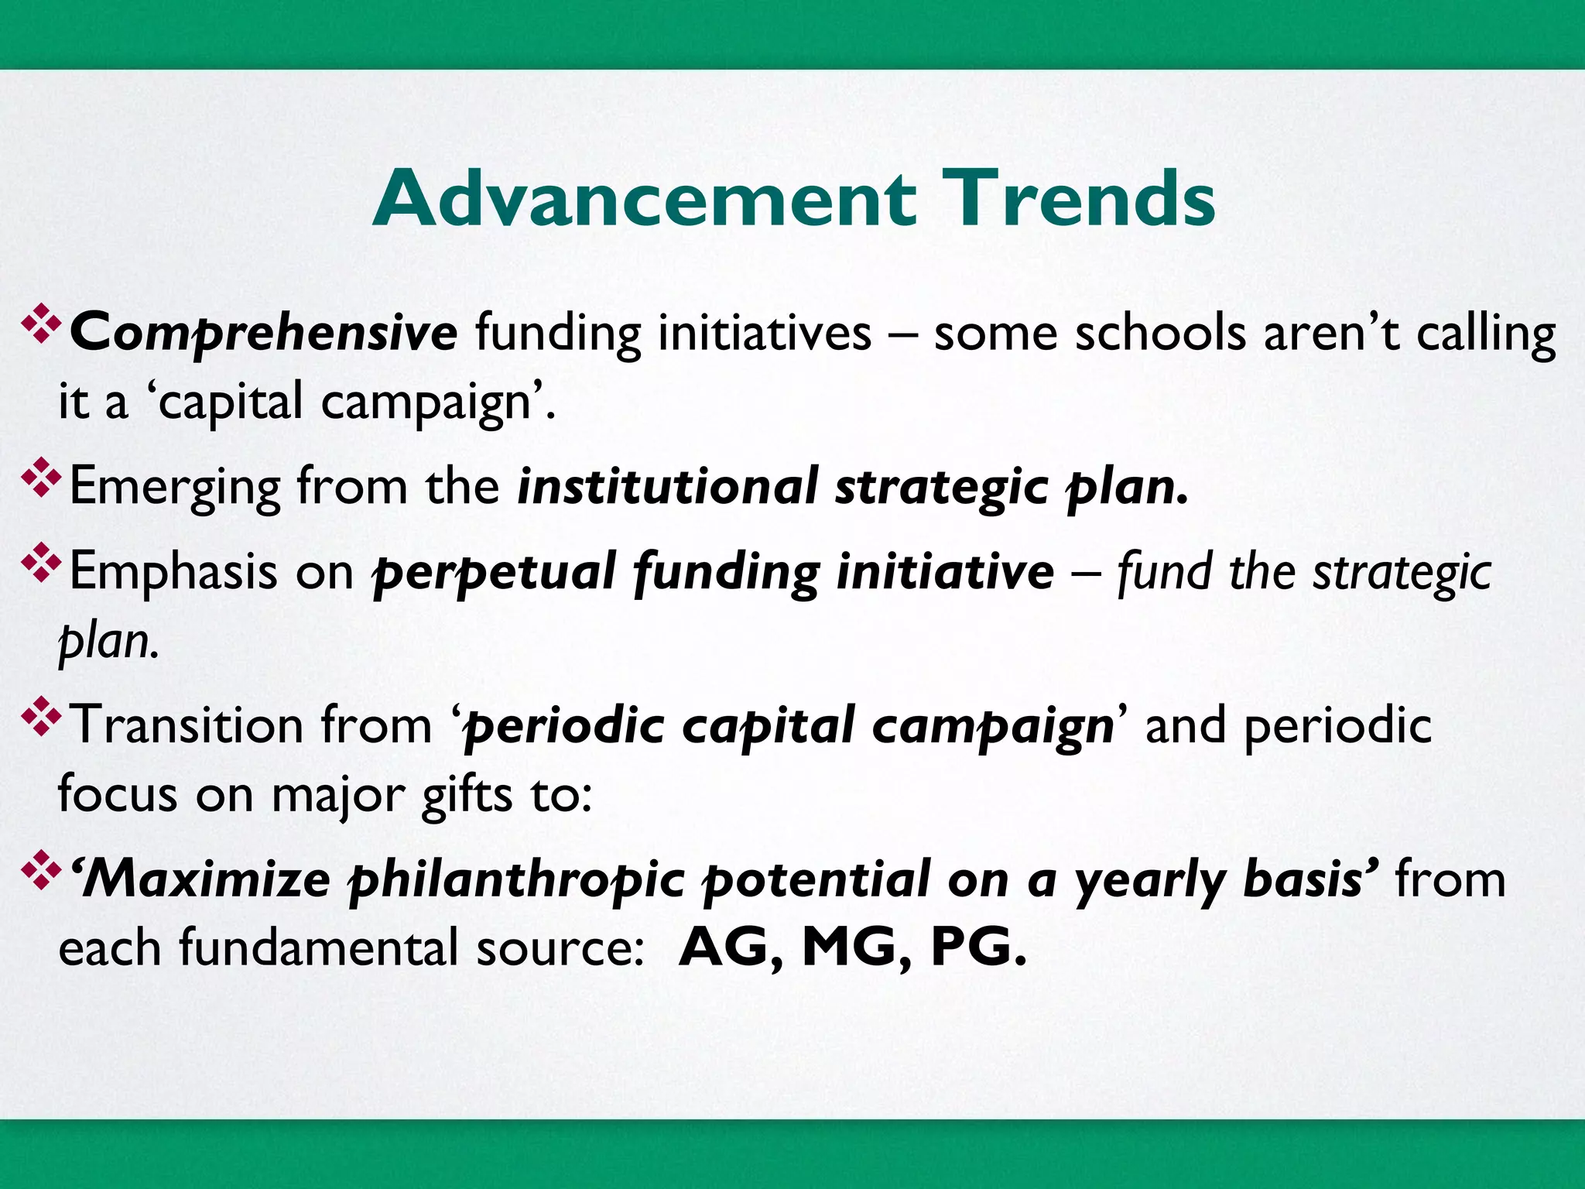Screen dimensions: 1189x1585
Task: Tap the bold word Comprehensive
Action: tap(264, 333)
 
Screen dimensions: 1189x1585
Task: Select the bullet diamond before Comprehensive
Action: tap(41, 324)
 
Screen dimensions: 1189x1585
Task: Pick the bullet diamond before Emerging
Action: tap(41, 479)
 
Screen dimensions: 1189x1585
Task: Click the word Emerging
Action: tap(174, 488)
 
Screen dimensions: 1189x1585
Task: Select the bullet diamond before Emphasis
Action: tap(41, 564)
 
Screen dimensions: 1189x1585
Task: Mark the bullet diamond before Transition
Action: tap(41, 718)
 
